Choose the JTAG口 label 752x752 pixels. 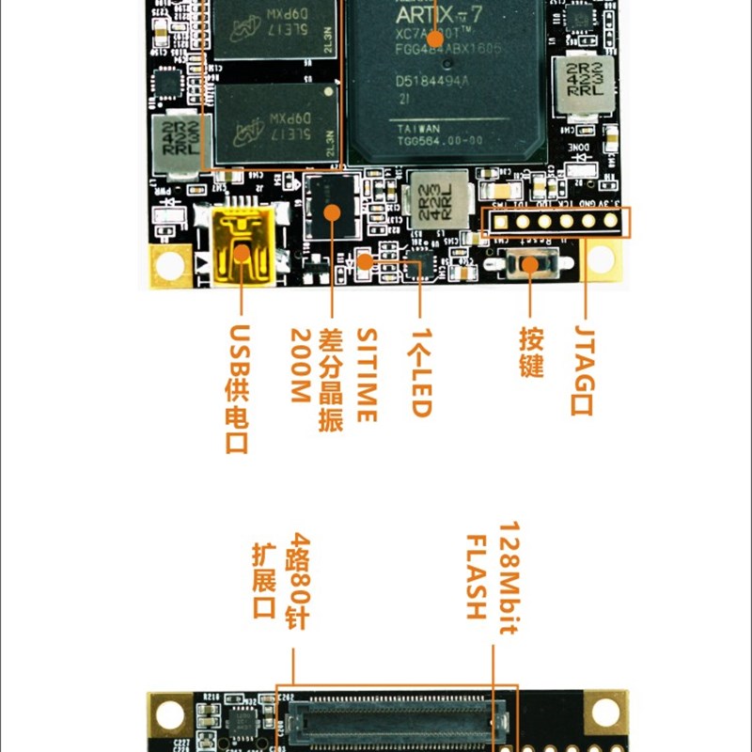584,369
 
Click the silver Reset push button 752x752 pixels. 528,264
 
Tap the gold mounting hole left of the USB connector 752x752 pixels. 170,265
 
